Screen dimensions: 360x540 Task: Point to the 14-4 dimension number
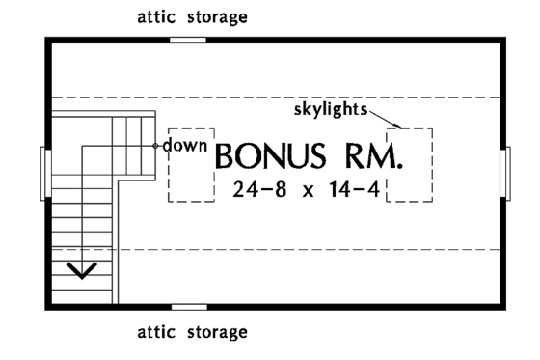pos(353,190)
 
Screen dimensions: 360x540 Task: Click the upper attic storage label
pos(191,17)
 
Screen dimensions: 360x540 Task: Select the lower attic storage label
pos(191,333)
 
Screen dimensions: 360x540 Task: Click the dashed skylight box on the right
pos(410,164)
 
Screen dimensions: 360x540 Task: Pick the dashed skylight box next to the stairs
pos(191,165)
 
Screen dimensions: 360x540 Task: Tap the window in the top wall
pos(188,40)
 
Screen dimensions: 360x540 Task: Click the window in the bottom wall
pos(188,308)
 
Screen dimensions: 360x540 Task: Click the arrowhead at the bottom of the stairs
pos(83,269)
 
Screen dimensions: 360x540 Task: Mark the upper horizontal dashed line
pos(289,97)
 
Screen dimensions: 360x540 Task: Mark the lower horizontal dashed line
pos(289,249)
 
